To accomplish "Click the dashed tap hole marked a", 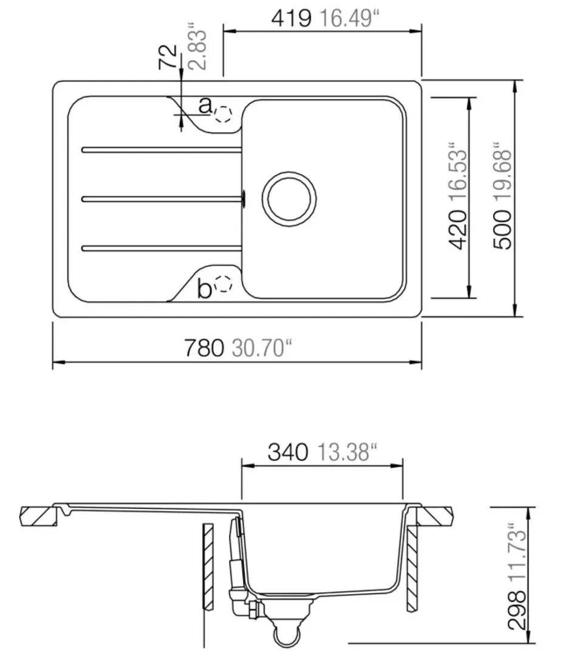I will click(x=224, y=114).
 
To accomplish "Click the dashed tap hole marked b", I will click(x=224, y=284).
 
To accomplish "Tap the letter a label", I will click(x=205, y=107).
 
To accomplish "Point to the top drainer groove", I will click(x=161, y=149).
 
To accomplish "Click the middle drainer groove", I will click(x=161, y=197).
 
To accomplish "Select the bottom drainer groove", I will click(x=161, y=247).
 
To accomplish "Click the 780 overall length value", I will click(x=204, y=349).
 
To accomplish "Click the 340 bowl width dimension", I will click(x=287, y=453).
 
